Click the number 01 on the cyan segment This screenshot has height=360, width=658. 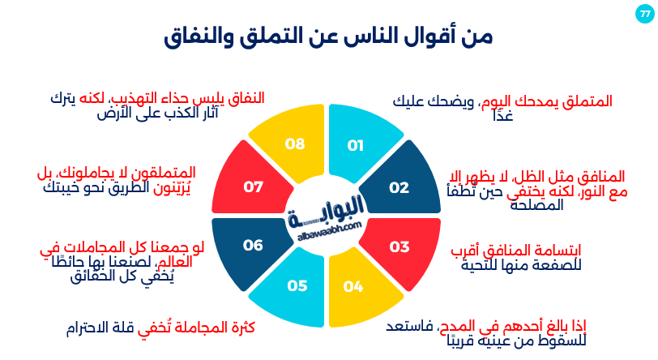[x=356, y=145]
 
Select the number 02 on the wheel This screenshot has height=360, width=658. [x=399, y=187]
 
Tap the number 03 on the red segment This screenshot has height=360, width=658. [x=399, y=246]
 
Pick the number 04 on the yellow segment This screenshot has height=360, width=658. [x=353, y=285]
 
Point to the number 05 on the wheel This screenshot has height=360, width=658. [x=297, y=285]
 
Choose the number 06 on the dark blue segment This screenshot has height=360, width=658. [x=254, y=245]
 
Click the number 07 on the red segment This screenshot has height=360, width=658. [x=254, y=187]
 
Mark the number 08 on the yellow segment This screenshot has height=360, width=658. [x=295, y=144]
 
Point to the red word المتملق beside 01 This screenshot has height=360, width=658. [x=586, y=101]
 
